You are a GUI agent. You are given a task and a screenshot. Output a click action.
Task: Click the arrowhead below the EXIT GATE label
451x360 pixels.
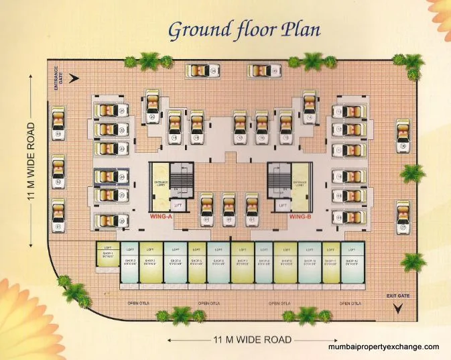[398, 308]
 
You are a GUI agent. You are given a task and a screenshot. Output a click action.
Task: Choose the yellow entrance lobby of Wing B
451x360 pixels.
[300, 182]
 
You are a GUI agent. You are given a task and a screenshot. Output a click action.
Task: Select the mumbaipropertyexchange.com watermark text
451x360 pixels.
[383, 347]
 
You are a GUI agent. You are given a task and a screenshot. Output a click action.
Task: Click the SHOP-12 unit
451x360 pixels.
[351, 262]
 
